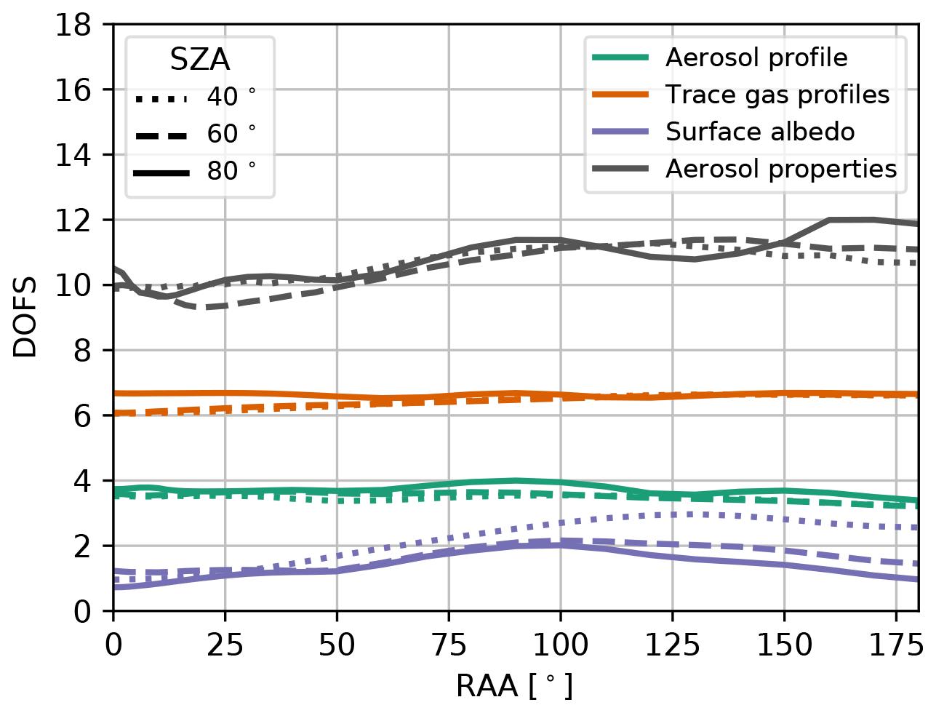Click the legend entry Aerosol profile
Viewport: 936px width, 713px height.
756,57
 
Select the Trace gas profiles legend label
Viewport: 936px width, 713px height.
777,95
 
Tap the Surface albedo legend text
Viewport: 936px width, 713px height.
759,132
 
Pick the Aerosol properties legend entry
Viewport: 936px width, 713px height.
780,169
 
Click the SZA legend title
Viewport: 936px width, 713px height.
199,60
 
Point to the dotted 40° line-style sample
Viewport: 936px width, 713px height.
161,97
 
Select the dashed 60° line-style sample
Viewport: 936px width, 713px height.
161,135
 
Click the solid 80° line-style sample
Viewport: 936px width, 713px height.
161,172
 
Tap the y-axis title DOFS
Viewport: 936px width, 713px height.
25,319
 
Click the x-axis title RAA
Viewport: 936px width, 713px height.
513,686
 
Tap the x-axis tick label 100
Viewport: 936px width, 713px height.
560,645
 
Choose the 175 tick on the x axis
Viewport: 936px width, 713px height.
896,645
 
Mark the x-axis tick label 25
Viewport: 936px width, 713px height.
225,645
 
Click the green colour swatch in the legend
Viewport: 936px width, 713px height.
620,57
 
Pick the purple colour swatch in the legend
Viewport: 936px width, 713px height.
620,132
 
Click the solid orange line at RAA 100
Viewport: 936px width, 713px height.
560,395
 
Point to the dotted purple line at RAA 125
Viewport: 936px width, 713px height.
672,514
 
